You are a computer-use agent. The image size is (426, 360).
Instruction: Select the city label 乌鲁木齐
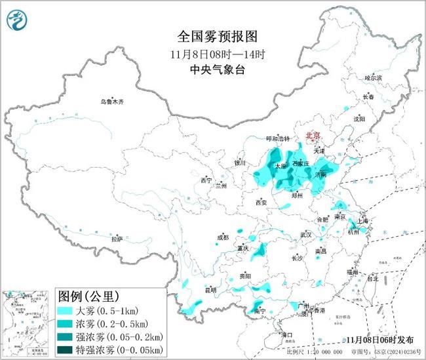(x=111, y=102)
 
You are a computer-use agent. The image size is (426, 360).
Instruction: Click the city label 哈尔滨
(x=373, y=78)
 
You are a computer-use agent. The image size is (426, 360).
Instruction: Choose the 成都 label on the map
(x=223, y=237)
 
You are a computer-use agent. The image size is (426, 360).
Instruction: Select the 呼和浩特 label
(x=277, y=138)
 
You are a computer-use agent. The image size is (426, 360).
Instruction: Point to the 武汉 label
(x=305, y=234)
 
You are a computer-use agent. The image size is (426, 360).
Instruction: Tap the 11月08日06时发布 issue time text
(x=380, y=340)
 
